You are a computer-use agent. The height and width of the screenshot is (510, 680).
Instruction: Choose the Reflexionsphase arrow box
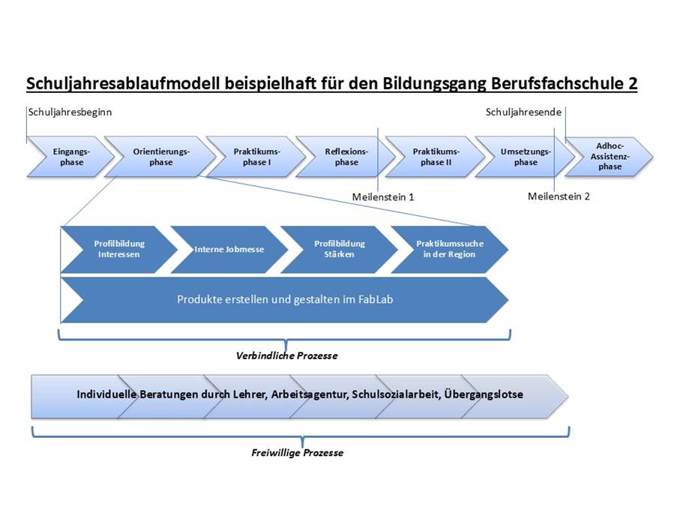[x=346, y=157]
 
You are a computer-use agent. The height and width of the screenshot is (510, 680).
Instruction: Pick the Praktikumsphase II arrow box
[x=436, y=157]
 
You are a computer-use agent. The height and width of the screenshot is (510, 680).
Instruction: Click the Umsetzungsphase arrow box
[x=525, y=157]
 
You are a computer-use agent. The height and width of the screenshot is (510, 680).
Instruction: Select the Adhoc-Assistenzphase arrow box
[x=609, y=157]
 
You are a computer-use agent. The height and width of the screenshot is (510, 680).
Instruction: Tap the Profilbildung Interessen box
[x=119, y=249]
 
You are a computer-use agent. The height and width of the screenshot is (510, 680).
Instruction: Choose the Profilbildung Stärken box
[x=340, y=249]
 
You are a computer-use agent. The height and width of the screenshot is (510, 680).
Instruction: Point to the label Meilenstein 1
[x=383, y=197]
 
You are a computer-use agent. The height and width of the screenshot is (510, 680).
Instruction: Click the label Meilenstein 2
[x=559, y=196]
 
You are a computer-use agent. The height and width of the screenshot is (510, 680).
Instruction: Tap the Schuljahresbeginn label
[x=70, y=112]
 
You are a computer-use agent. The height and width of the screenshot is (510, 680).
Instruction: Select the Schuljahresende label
[x=523, y=112]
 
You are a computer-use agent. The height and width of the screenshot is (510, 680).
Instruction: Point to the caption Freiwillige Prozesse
[x=297, y=453]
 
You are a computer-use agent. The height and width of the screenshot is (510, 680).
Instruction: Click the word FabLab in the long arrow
[x=375, y=299]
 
